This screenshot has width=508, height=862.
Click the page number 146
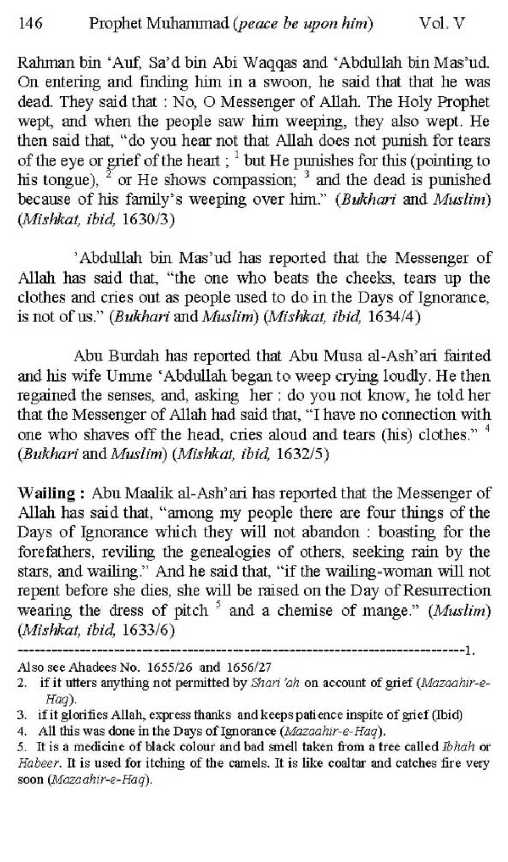(30, 23)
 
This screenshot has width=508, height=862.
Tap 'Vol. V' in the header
(442, 23)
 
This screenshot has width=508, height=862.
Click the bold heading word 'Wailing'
(47, 493)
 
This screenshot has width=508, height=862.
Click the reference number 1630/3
(148, 219)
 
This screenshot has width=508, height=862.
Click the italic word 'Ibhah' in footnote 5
(456, 747)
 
